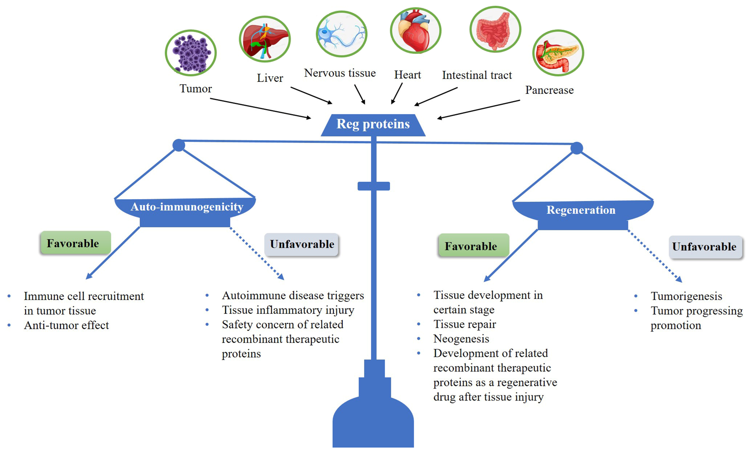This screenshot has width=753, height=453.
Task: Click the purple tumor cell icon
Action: (x=191, y=53)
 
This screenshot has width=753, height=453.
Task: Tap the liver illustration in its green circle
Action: (x=265, y=39)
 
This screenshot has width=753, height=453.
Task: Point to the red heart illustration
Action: (x=415, y=30)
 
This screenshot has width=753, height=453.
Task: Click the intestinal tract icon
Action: (x=495, y=29)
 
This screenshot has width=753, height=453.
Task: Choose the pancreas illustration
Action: (x=558, y=53)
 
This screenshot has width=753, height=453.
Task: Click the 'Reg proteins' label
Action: (x=373, y=124)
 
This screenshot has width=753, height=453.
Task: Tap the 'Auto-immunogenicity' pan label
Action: (x=187, y=207)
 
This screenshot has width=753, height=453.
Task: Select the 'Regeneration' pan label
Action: (x=581, y=210)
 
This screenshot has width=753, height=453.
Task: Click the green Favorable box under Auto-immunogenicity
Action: (x=75, y=243)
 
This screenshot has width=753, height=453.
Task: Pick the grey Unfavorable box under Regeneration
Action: (x=705, y=247)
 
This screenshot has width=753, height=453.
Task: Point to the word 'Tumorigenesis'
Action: (x=686, y=296)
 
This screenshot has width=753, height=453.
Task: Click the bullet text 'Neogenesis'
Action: (x=461, y=339)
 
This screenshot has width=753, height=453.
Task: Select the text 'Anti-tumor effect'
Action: (x=66, y=325)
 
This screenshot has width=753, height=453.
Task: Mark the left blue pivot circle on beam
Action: (x=179, y=145)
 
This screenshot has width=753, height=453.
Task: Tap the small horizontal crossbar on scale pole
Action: (x=374, y=186)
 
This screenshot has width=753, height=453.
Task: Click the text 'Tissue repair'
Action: (x=465, y=324)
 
